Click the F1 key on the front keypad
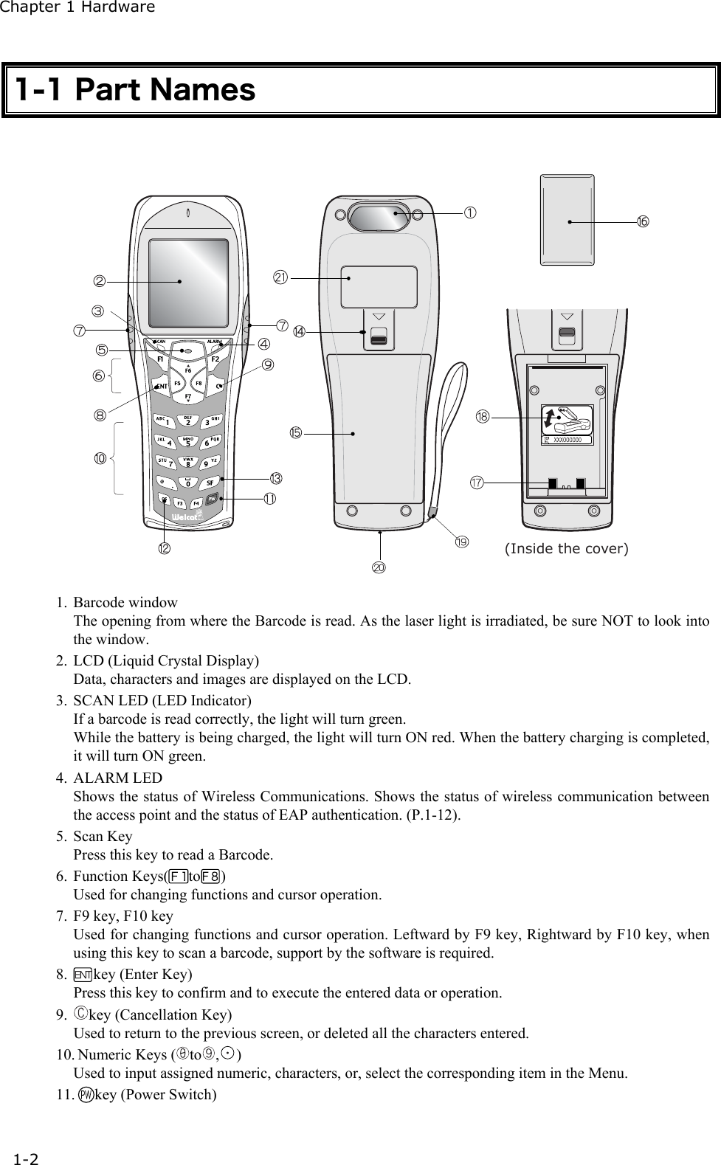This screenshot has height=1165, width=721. click(160, 359)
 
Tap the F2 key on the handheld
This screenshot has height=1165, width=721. click(215, 359)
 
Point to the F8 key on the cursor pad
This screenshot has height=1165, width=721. click(199, 384)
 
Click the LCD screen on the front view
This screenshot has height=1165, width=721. click(188, 283)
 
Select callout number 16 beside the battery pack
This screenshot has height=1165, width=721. click(643, 222)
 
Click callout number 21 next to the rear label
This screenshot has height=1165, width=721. click(280, 277)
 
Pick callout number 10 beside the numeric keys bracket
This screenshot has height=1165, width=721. click(100, 458)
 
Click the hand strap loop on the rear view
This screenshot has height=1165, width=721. click(448, 413)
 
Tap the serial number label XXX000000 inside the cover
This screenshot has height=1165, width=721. click(568, 440)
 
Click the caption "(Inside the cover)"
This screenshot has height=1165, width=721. click(566, 548)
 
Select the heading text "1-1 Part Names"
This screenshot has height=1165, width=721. click(136, 90)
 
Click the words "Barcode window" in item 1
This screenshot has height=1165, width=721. click(125, 603)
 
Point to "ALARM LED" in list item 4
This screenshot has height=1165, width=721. click(118, 778)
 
